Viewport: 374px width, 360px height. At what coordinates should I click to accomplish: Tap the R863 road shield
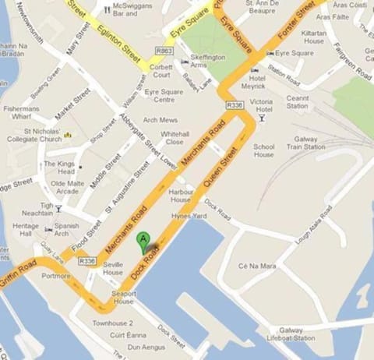click(x=164, y=51)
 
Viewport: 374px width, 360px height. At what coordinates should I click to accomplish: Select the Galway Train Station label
click(x=305, y=141)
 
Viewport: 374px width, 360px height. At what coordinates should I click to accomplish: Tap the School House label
click(x=264, y=150)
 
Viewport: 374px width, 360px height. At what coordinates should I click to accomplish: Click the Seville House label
click(x=113, y=269)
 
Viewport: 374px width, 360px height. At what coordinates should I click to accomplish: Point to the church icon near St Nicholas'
click(x=68, y=135)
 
